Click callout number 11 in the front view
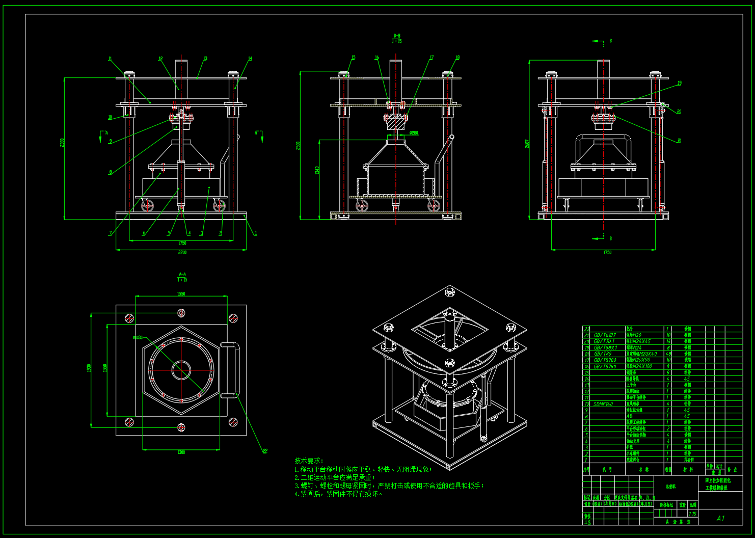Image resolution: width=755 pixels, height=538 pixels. [110, 59]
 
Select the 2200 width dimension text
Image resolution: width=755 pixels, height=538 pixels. [182, 252]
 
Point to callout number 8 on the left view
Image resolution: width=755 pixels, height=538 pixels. [110, 172]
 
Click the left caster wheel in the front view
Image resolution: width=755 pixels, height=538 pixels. [148, 206]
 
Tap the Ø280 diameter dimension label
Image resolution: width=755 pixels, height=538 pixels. [414, 133]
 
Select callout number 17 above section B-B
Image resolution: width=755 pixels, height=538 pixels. [432, 58]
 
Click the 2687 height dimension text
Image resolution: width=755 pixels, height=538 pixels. [527, 145]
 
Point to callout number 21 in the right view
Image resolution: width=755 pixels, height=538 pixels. [679, 141]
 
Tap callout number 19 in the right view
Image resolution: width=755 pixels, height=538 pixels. [679, 83]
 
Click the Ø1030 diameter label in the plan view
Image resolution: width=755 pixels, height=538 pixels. [138, 337]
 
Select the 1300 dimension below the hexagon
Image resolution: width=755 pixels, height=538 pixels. [181, 452]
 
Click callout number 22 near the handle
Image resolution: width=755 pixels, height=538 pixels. [265, 450]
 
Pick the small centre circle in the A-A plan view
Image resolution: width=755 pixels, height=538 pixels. [181, 370]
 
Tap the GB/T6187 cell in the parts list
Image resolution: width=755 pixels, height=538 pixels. [605, 335]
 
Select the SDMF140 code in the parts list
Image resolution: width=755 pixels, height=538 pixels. [603, 404]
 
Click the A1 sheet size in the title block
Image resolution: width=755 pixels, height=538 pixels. [720, 518]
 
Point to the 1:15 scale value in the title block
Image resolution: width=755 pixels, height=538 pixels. [693, 514]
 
